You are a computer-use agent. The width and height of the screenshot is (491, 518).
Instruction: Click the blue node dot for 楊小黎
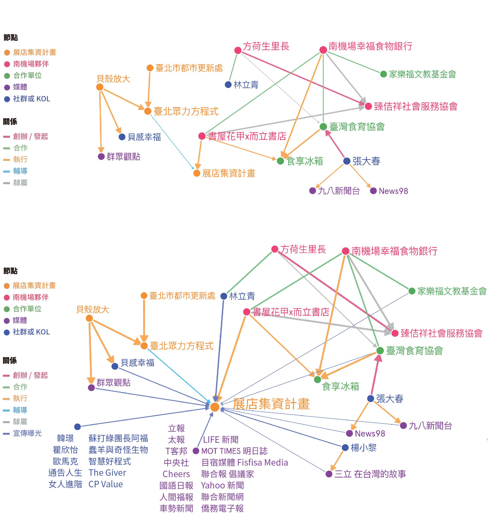click(x=345, y=448)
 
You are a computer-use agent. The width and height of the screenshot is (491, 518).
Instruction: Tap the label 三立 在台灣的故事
click(x=370, y=474)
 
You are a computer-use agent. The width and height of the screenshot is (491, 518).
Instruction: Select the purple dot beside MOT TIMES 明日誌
click(x=196, y=451)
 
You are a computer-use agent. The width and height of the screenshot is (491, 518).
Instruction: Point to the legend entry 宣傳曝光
click(x=27, y=433)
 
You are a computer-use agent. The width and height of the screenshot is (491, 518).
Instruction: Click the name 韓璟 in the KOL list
click(x=65, y=438)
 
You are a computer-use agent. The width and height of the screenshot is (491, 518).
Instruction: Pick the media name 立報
click(x=176, y=428)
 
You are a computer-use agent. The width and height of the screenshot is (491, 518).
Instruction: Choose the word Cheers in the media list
click(x=176, y=474)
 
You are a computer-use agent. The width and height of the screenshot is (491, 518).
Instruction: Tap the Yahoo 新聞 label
click(x=223, y=485)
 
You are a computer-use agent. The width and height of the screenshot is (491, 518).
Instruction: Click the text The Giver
click(x=107, y=473)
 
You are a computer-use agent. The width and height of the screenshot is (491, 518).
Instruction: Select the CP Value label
click(x=105, y=484)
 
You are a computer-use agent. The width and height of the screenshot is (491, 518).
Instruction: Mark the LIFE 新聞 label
click(x=221, y=440)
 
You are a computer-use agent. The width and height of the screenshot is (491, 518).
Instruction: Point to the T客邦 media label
click(x=176, y=451)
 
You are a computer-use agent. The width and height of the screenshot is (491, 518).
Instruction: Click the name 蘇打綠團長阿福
click(x=118, y=438)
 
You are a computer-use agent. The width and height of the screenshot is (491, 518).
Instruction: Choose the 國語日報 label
click(x=176, y=485)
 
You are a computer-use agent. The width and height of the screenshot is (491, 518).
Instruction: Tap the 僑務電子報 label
click(x=223, y=508)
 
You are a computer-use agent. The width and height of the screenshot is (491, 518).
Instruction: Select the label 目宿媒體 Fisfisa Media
click(x=245, y=463)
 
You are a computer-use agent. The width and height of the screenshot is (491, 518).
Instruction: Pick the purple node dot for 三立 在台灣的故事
click(x=329, y=474)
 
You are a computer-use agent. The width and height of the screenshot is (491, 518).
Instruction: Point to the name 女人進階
click(x=65, y=484)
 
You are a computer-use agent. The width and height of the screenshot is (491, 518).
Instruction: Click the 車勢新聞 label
click(x=176, y=508)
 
